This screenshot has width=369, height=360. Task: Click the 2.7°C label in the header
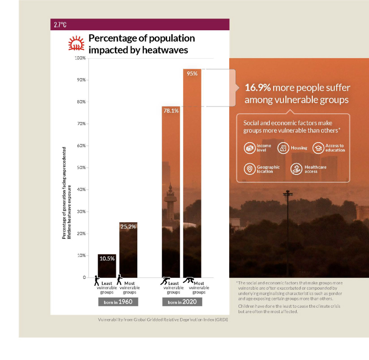point(60,24)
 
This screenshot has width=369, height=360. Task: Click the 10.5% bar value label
point(107,258)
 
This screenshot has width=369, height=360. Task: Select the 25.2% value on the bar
point(128,227)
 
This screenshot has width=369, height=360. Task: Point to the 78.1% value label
point(171,111)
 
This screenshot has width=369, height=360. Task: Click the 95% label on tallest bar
point(192,74)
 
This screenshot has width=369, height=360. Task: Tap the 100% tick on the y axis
point(80,58)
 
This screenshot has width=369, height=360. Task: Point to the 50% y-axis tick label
point(81,168)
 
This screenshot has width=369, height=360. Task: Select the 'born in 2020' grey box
point(181,302)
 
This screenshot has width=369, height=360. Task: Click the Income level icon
point(249,148)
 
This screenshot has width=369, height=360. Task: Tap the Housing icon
point(283,148)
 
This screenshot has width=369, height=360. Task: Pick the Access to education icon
point(318,148)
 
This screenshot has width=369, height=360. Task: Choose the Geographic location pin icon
point(249,169)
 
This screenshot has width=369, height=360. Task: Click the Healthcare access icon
point(296,169)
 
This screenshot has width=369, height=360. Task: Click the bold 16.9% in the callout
point(257,88)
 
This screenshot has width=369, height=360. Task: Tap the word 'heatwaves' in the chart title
point(165,49)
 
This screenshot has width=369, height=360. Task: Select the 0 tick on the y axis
point(84,277)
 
